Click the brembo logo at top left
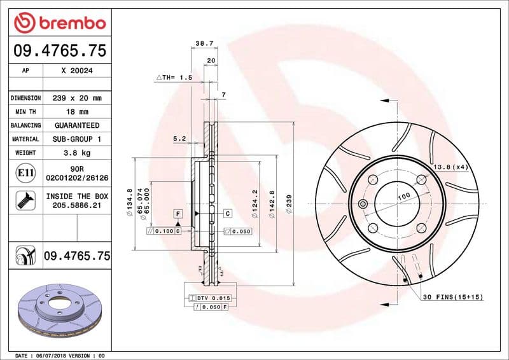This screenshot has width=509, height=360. pos(59,24)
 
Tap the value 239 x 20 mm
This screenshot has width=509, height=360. pos(77,98)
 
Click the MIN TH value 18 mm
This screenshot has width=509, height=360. pos(77,112)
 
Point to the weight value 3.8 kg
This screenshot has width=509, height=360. pos(77,153)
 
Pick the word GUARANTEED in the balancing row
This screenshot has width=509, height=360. pos(77,125)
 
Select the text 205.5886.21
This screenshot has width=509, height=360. pos(77,206)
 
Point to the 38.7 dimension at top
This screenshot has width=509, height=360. pos(204,44)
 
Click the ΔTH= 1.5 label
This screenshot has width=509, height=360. pos(174,77)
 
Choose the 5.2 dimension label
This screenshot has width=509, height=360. pos(179,138)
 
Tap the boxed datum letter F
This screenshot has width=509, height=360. pos(178,214)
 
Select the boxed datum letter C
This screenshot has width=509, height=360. pos(227,214)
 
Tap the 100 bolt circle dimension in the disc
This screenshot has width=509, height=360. pos(403,198)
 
